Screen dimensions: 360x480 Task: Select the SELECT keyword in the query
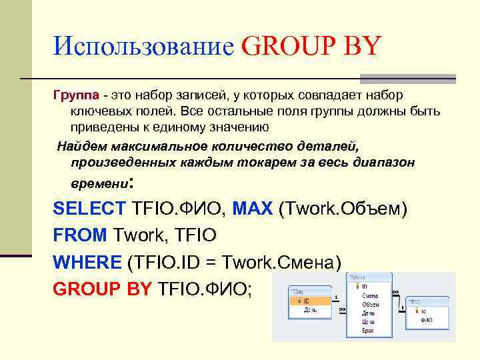coord(89,208)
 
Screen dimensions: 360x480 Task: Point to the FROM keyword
coord(80,234)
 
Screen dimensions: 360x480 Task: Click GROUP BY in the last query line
coord(101,287)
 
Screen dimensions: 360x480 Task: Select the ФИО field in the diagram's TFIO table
coord(426,319)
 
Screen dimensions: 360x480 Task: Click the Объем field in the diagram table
coord(370,304)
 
